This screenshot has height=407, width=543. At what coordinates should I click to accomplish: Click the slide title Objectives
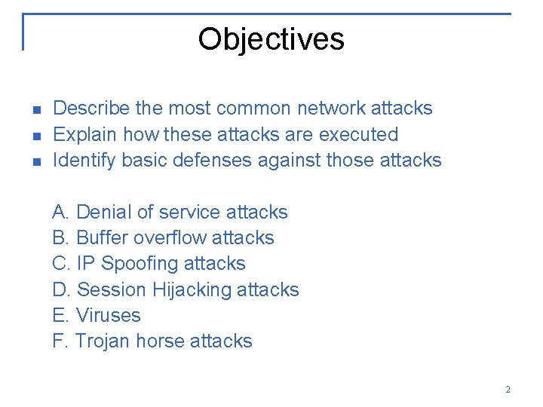(271, 39)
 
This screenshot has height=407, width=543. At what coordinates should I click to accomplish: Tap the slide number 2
(508, 390)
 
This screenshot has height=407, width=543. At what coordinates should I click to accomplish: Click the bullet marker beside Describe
(35, 110)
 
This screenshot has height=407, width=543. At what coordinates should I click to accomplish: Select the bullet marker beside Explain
(35, 136)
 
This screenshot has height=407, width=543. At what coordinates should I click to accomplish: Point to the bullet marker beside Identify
(35, 161)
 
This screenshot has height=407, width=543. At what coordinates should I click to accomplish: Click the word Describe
(91, 109)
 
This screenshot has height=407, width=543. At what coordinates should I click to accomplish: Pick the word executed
(358, 134)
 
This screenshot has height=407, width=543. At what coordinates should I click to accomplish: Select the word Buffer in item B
(102, 237)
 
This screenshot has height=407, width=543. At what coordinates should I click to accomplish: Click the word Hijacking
(192, 289)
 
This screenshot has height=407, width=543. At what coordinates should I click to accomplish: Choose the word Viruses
(109, 315)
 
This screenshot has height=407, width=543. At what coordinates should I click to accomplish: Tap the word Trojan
(103, 341)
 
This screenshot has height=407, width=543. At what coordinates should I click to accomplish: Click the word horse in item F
(159, 341)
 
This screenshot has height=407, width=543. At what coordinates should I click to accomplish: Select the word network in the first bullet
(330, 109)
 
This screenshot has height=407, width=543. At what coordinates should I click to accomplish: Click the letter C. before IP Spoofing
(61, 263)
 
